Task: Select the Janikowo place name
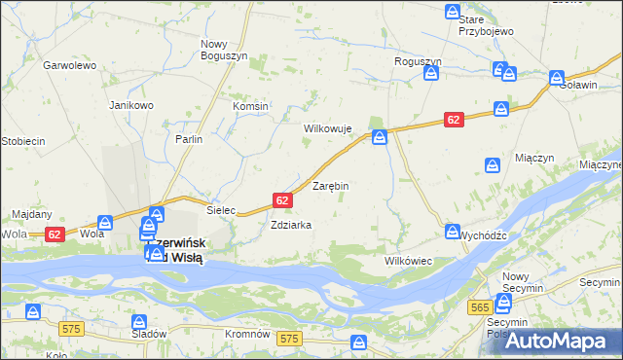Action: click(131, 105)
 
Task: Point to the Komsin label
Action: click(250, 106)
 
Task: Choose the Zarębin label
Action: click(330, 185)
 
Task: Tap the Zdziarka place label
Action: click(291, 225)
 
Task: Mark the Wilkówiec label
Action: click(409, 262)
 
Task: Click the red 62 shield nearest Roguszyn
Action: click(454, 119)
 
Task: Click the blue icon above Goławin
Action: click(557, 77)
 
